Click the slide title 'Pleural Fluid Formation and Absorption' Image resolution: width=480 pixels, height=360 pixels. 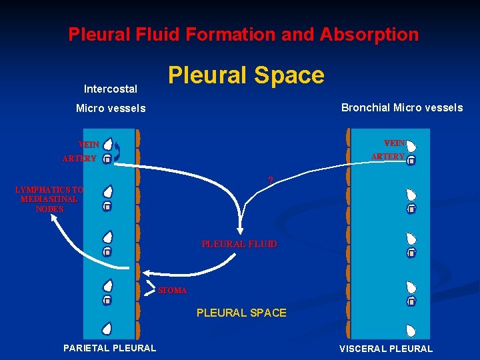tap(243, 34)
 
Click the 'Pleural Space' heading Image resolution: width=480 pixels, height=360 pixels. tap(246, 75)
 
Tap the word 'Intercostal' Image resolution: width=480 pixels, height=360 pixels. tap(111, 89)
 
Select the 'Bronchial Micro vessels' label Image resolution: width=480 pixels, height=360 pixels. tap(401, 107)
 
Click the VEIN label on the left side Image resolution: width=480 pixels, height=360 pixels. tap(89, 145)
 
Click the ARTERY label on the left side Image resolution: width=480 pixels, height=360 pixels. tap(79, 159)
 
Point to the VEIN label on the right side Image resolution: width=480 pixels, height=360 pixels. tap(394, 143)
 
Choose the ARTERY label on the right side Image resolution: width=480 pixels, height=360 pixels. tap(387, 157)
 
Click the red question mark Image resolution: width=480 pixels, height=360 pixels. tap(271, 179)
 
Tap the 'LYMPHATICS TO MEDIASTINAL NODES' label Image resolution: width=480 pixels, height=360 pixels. tap(49, 199)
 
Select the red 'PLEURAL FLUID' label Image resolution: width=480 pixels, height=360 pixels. tap(239, 245)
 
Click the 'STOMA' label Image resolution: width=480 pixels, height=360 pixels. tap(173, 291)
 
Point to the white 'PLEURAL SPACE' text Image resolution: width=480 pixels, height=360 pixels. tap(241, 313)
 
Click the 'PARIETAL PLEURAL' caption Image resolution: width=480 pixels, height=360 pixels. tap(109, 347)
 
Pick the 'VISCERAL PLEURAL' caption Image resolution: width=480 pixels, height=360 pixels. tap(386, 348)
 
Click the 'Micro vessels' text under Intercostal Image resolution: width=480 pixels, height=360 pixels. tap(111, 108)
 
